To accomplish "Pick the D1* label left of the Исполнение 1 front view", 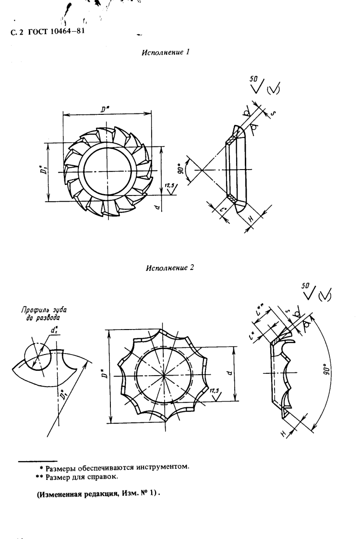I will click(42, 171).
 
